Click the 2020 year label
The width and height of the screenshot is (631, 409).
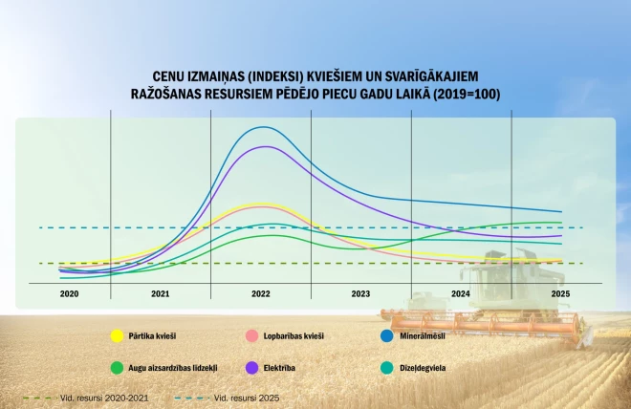[69, 293]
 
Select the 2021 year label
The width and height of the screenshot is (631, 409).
[161, 293]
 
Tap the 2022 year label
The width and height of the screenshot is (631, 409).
[261, 293]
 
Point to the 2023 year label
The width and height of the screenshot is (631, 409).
[360, 293]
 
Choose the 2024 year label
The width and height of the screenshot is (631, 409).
[460, 293]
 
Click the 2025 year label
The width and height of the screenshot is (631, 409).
[560, 293]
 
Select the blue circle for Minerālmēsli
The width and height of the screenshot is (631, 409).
[387, 335]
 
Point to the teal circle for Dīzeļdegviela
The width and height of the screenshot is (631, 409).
[387, 367]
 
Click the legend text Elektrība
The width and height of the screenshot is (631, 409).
[282, 367]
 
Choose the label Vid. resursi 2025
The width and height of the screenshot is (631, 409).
[247, 397]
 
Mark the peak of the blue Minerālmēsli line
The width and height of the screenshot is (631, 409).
[265, 127]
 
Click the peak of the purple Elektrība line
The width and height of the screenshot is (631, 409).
[265, 147]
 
